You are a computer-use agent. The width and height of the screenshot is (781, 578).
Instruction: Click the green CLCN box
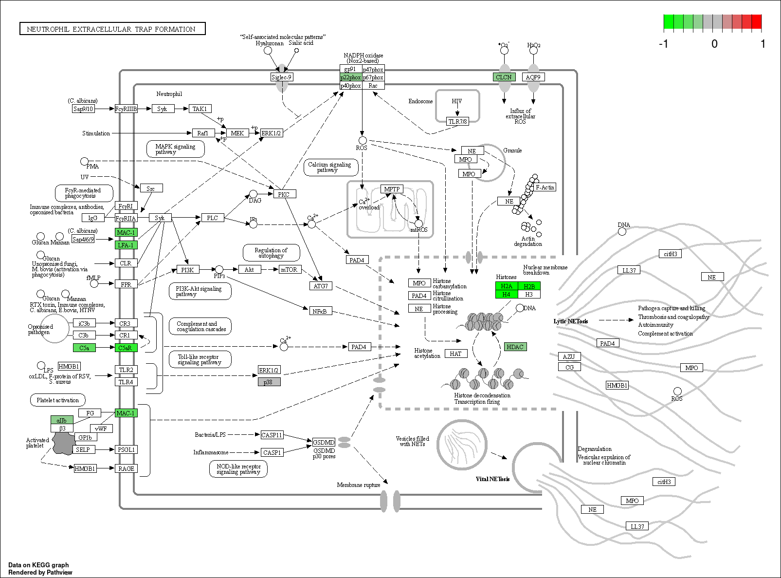[x=504, y=77]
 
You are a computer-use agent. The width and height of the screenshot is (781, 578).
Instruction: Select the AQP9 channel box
[x=533, y=77]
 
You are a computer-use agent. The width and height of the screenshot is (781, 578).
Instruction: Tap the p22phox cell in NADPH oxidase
[x=351, y=77]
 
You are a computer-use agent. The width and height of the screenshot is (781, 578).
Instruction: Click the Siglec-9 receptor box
[x=282, y=77]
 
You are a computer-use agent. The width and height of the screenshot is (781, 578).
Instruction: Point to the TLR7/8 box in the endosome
[x=458, y=122]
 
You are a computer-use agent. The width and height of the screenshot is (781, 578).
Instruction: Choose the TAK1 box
[x=200, y=109]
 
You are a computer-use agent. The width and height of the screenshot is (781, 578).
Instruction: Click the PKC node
[x=284, y=194]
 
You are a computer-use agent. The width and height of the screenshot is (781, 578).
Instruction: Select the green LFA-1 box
[x=126, y=245]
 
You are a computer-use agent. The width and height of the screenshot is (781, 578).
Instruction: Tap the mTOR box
[x=289, y=270]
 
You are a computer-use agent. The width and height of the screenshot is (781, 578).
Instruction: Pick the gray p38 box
[x=269, y=382]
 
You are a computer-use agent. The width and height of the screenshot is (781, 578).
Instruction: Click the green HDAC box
[x=515, y=347]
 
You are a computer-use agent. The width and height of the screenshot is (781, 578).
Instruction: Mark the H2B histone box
[x=529, y=286]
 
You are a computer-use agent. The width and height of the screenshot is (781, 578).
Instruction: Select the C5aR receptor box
[x=126, y=348]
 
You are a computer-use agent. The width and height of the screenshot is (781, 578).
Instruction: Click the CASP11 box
[x=272, y=435]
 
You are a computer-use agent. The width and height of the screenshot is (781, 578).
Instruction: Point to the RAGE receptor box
[x=126, y=468]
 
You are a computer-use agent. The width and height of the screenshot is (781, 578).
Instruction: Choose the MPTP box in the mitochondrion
[x=392, y=189]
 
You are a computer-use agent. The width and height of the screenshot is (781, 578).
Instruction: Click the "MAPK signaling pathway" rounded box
[x=175, y=149]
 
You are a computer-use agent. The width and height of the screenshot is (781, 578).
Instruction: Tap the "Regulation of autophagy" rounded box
[x=271, y=253]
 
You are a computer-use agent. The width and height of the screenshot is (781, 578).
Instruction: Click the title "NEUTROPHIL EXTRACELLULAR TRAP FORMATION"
[x=112, y=29]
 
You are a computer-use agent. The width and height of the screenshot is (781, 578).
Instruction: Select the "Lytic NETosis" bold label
[x=570, y=321]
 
